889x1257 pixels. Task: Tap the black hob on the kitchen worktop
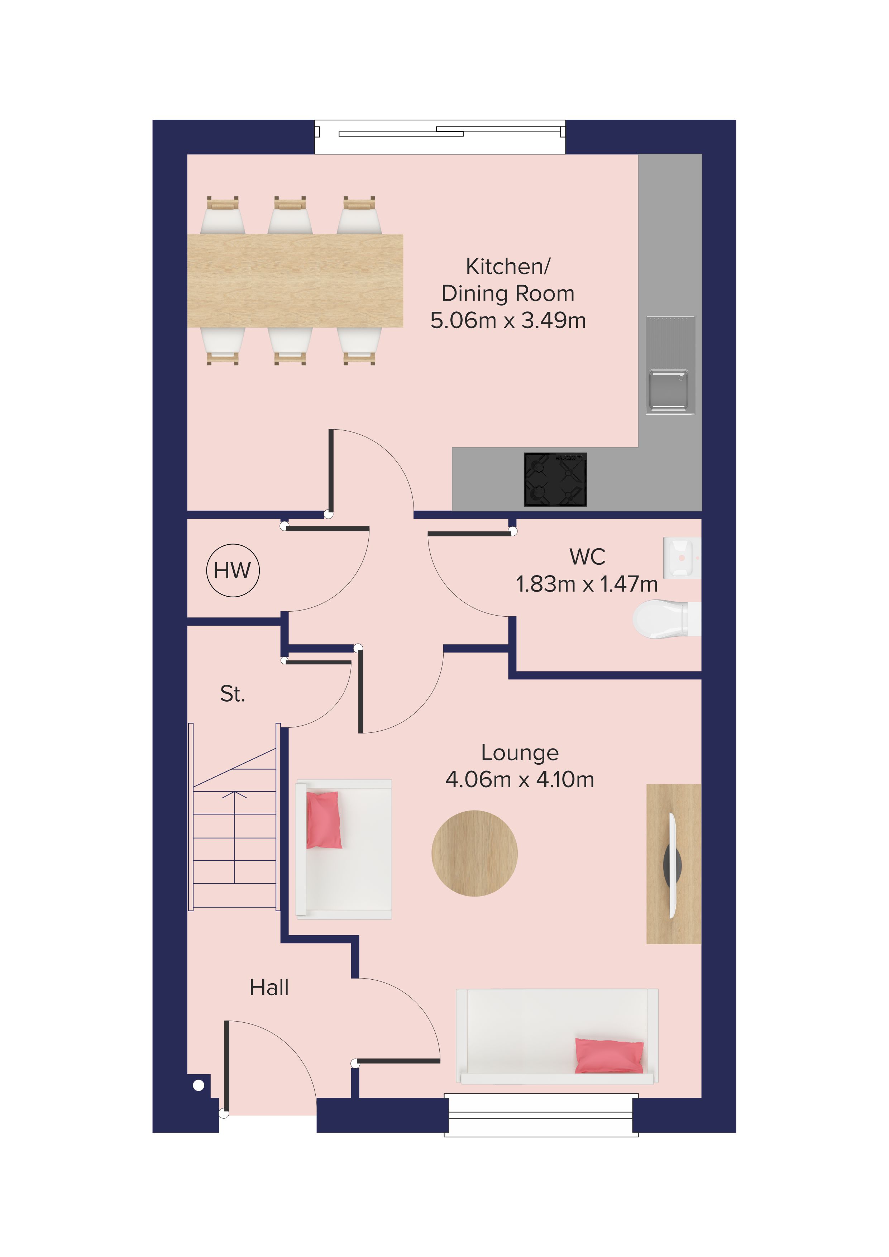[x=555, y=479]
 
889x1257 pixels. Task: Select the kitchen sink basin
[x=668, y=390]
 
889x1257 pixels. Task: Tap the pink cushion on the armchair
[x=324, y=819]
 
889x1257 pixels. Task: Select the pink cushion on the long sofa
[x=609, y=1056]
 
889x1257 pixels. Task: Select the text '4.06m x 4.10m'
[x=520, y=779]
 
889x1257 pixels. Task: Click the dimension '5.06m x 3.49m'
[x=508, y=320]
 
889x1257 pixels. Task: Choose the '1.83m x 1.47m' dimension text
[x=587, y=584]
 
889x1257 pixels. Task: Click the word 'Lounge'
[x=520, y=753]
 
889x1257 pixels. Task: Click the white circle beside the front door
[x=199, y=1085]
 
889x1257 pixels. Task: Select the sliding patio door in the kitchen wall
[x=440, y=136]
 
